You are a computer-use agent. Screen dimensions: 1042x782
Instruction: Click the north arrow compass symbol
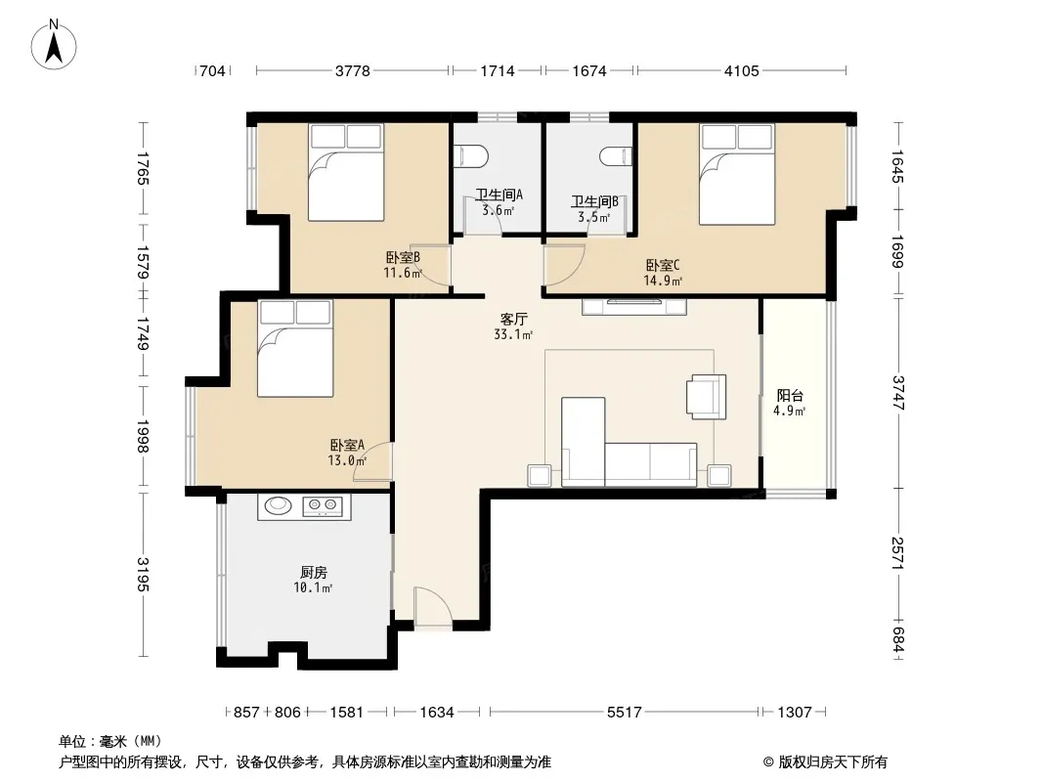(x=54, y=45)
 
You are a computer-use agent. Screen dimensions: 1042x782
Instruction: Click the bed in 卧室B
(x=346, y=172)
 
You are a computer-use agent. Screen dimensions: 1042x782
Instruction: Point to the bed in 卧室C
(x=737, y=174)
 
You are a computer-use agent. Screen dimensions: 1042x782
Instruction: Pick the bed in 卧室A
(x=295, y=349)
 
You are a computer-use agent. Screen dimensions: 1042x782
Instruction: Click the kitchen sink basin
(x=278, y=505)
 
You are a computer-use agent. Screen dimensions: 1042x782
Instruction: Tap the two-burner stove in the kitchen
(x=323, y=507)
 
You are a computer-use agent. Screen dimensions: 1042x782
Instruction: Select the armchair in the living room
(x=707, y=397)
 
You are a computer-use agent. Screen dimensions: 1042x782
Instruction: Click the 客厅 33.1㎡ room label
(x=513, y=326)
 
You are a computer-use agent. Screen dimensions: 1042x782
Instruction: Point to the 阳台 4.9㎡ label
(x=790, y=404)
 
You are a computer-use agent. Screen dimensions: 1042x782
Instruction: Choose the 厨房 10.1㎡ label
(x=313, y=580)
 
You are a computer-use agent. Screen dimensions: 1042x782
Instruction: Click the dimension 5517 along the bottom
(x=624, y=713)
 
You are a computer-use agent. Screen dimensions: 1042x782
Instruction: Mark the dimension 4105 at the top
(x=741, y=70)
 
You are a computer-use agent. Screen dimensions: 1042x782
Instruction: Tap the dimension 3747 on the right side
(x=897, y=393)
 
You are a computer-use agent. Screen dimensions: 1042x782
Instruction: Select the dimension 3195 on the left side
(x=143, y=574)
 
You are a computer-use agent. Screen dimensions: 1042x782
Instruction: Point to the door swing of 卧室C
(x=564, y=266)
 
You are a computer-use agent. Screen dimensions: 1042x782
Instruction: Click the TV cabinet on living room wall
(x=634, y=307)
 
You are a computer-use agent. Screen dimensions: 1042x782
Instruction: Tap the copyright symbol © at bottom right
(x=769, y=762)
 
